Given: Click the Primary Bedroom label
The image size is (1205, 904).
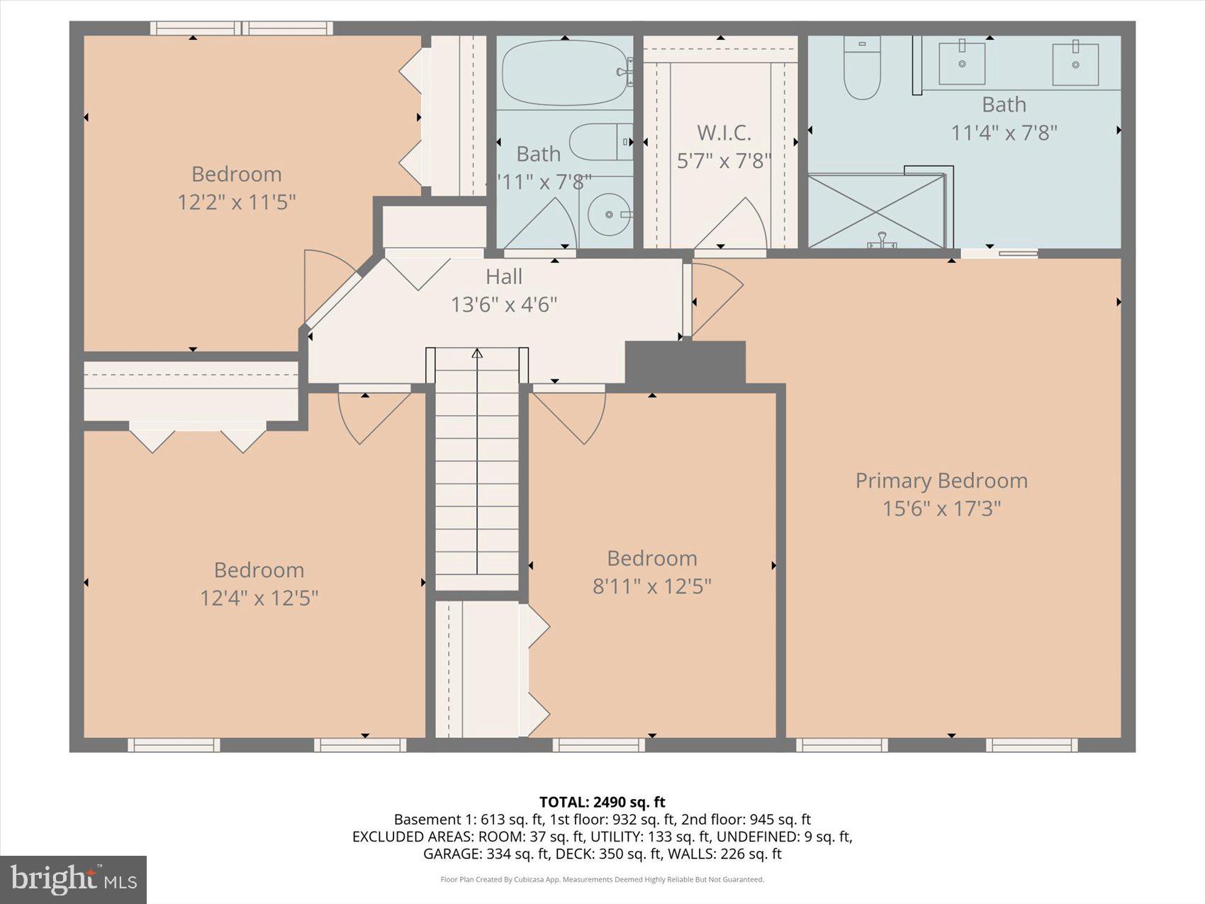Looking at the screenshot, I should [941, 481].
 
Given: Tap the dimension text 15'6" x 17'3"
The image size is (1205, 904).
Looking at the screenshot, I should [941, 508].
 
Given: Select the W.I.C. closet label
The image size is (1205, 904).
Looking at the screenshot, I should [723, 133].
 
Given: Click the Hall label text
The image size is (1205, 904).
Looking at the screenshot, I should [504, 277].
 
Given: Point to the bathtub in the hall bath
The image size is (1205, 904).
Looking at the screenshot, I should [565, 73].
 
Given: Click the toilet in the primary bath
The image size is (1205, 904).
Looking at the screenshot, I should [862, 69].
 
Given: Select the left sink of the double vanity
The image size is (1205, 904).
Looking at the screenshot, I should [962, 62].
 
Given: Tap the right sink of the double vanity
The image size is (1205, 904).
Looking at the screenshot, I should [1075, 64].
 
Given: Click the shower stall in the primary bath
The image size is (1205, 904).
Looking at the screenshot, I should [876, 211].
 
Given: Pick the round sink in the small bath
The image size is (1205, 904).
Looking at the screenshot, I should [609, 213].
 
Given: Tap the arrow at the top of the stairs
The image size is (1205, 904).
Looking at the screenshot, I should [477, 353].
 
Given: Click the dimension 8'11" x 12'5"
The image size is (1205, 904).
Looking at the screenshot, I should [651, 586].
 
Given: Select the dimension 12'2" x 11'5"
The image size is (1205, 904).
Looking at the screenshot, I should [236, 202].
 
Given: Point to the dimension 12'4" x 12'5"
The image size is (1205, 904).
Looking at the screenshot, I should [259, 598].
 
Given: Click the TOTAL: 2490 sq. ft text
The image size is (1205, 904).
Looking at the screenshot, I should [602, 802].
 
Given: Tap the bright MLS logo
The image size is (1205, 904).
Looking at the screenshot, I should [73, 879].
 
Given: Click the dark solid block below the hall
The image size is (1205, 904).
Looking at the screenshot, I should [685, 363].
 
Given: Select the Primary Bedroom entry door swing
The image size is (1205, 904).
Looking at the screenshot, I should [716, 298].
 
